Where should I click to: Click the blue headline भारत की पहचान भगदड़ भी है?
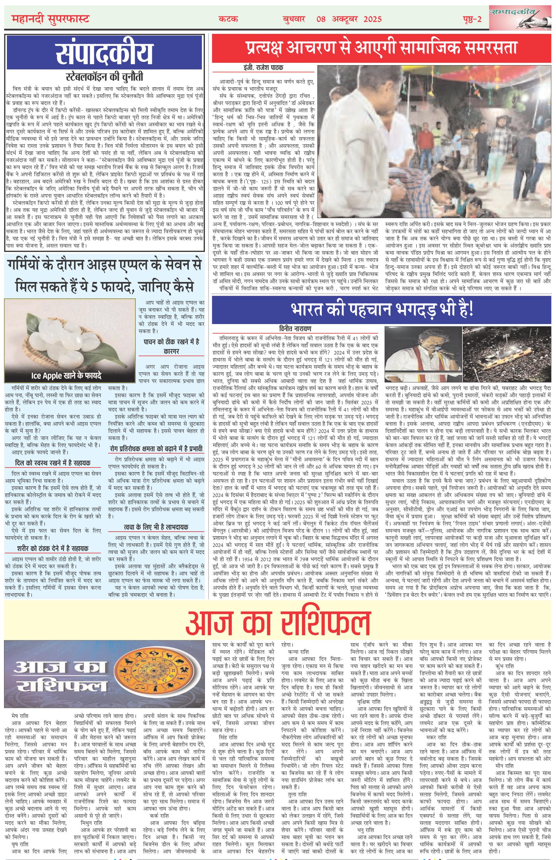383,309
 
